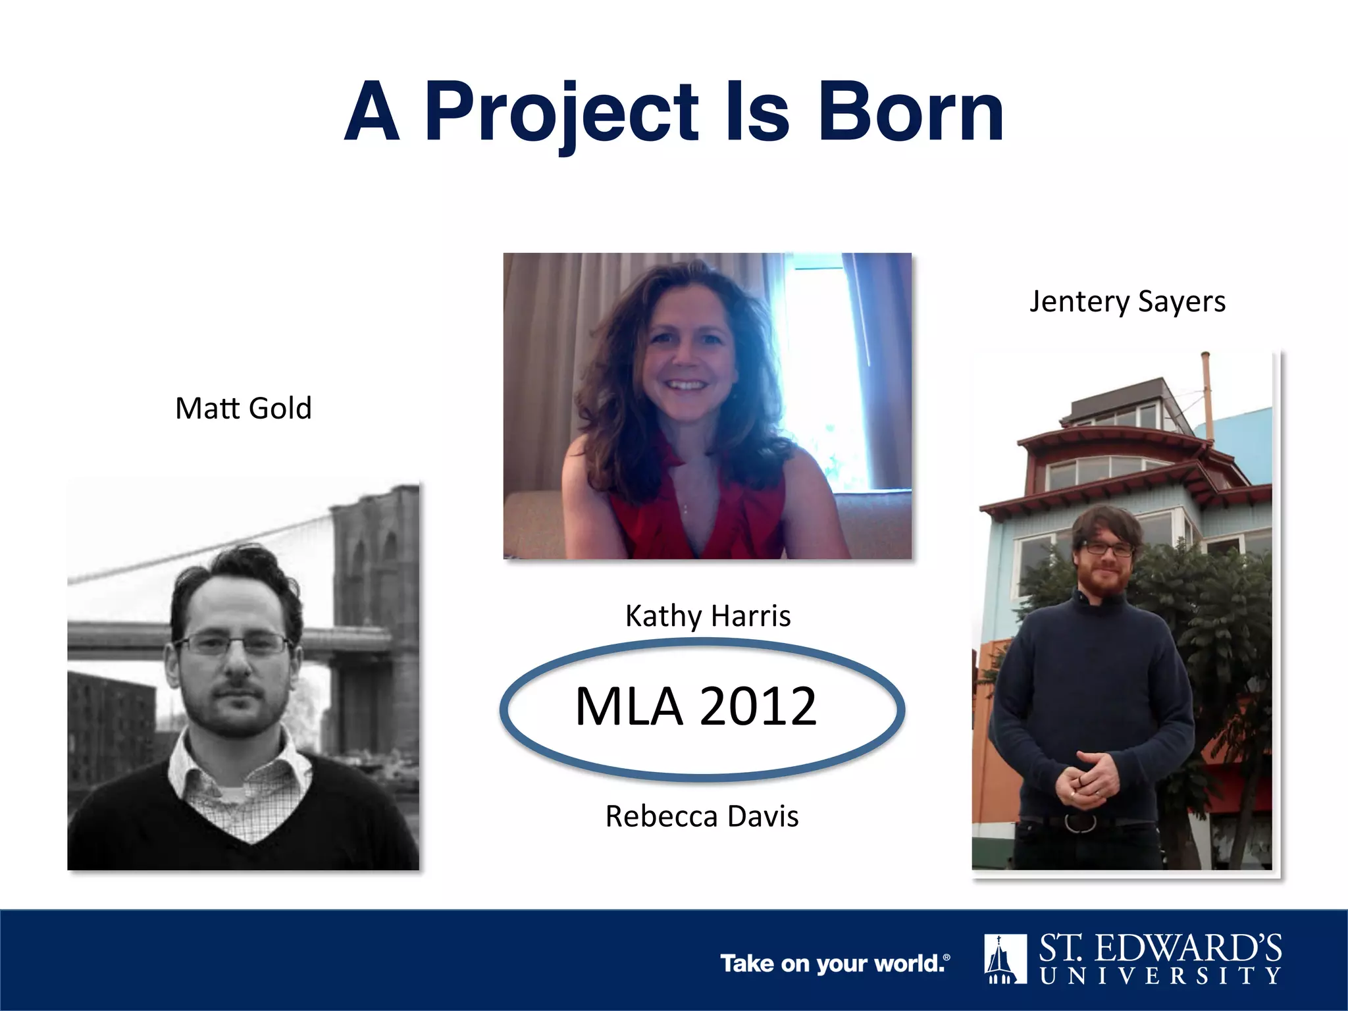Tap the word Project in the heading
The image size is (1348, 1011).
coord(561,113)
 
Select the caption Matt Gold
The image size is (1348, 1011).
coord(243,408)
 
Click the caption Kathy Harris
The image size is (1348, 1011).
coord(708,616)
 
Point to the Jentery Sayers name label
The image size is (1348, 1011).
coord(1127,301)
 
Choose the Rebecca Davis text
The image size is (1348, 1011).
coord(702,816)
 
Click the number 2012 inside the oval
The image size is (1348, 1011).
coord(758,706)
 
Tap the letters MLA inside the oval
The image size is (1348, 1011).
coord(629,706)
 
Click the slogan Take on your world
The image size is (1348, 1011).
coord(835,964)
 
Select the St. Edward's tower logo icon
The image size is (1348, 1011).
coord(1005,958)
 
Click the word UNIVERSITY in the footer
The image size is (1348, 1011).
coord(1160,975)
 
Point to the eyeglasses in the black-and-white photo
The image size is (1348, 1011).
coord(234,644)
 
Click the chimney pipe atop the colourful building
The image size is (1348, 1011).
coord(1206,388)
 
